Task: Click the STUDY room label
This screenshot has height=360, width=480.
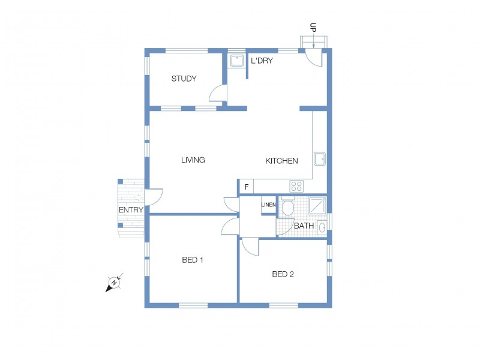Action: pos(184,79)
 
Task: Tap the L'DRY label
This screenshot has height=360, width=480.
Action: pos(262,61)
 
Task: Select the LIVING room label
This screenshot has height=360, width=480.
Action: pos(193,160)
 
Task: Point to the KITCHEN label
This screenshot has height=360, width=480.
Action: pos(281,161)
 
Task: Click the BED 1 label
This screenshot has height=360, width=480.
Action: pos(193,260)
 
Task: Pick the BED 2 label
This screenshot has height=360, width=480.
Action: pos(283,274)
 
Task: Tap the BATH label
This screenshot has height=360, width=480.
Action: pos(304,226)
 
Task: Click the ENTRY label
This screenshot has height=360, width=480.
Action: pos(131,210)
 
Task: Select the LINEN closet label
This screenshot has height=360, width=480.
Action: pos(268,205)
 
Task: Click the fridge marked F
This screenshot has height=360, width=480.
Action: pos(246,187)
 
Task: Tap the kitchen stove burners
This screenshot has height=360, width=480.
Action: pos(296,186)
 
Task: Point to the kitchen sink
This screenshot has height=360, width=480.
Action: pos(320,158)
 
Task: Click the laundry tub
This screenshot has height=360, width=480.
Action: pos(236,61)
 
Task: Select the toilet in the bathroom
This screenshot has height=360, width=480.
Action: pos(287,207)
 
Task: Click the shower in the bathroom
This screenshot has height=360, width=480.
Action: pos(317,206)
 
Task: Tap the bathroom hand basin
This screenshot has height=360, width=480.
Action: pos(322,227)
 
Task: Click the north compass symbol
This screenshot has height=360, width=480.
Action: pos(113,283)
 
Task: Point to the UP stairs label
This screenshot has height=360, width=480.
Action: pos(313,28)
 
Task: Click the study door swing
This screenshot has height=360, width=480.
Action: pos(217,94)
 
